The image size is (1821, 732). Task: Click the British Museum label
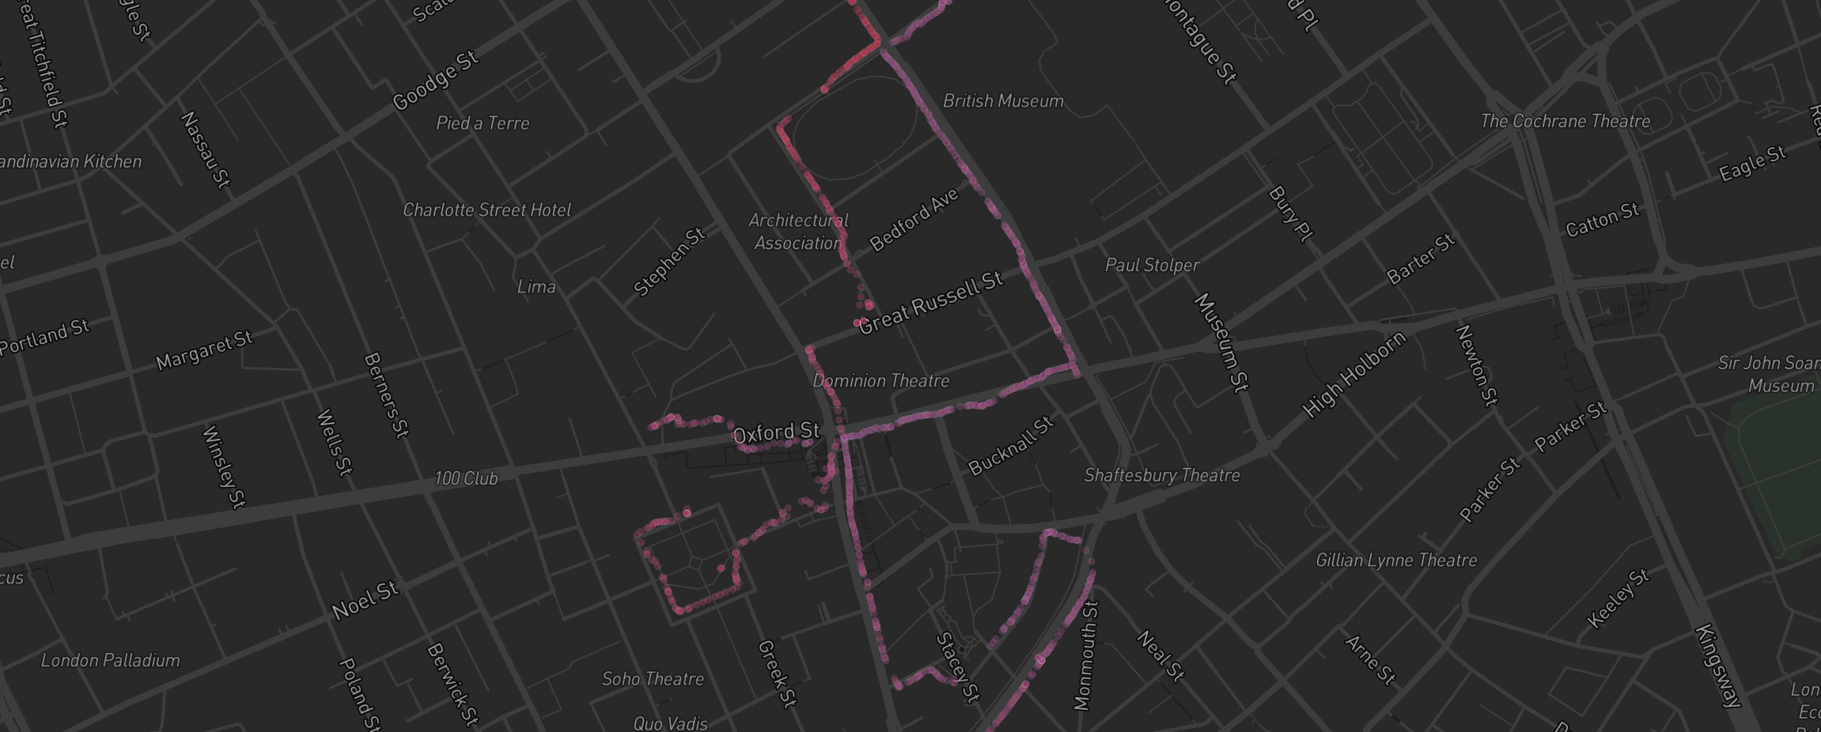(x=1003, y=101)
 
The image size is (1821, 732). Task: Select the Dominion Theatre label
(x=880, y=381)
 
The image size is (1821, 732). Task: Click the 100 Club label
(x=466, y=478)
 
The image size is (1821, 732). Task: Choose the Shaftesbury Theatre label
(x=1161, y=475)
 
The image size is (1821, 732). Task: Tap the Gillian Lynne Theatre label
(x=1395, y=560)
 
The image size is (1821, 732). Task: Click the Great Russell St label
(x=930, y=302)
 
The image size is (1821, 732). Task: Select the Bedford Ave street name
(x=914, y=220)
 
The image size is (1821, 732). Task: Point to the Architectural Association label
(x=798, y=232)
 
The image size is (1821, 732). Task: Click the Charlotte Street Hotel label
(x=486, y=210)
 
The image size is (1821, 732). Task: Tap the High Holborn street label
(x=1354, y=374)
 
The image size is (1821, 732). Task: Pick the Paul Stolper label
(x=1152, y=266)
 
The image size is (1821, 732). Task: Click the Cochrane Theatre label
(x=1565, y=122)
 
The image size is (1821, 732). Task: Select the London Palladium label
(x=111, y=660)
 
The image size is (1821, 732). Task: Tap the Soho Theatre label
(x=653, y=679)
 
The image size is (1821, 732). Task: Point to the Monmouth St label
(x=1086, y=656)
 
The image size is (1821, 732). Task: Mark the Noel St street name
(x=364, y=601)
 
